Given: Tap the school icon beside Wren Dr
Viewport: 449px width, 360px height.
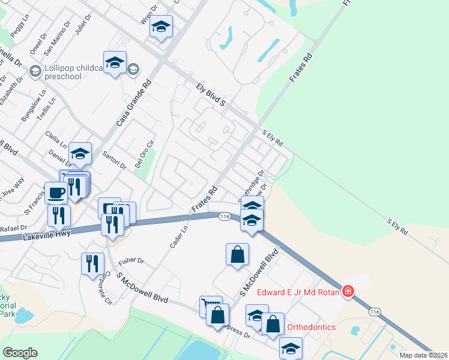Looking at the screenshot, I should (x=161, y=27).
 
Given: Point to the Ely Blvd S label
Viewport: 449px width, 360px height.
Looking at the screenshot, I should (x=210, y=95).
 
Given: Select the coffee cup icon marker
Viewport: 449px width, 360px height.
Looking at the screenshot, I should (x=56, y=193).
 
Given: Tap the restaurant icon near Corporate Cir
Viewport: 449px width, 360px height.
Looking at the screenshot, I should (x=92, y=263).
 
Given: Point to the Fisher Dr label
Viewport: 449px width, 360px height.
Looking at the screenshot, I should (x=131, y=263).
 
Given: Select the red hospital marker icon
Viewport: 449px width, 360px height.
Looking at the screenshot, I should (x=348, y=292).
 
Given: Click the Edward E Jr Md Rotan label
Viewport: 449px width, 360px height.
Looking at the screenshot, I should (x=298, y=293).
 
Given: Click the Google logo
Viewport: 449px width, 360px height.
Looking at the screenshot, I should (x=20, y=352).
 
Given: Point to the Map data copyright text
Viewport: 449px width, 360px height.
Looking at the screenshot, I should (x=423, y=355).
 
